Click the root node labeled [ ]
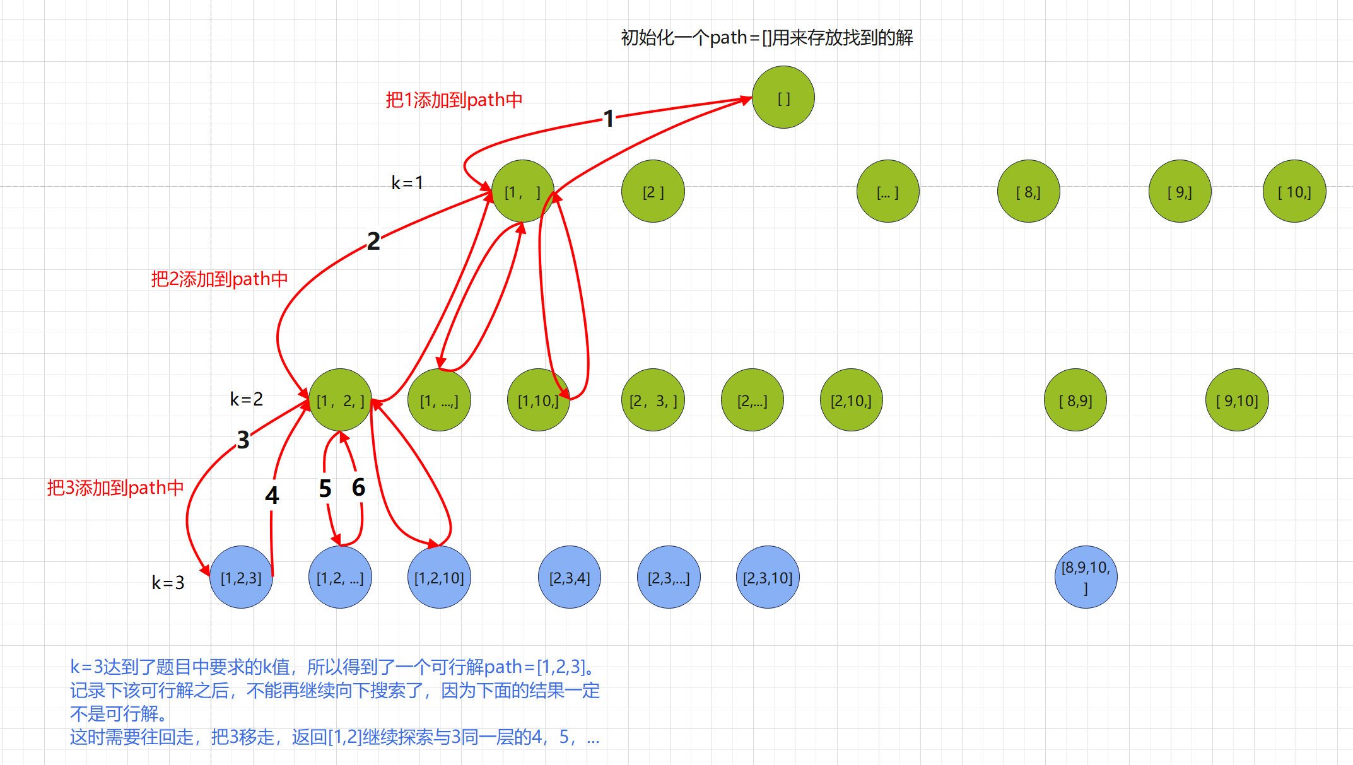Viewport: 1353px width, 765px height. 783,98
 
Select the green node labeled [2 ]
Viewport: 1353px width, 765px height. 653,192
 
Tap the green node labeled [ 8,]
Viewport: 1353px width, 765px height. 1028,192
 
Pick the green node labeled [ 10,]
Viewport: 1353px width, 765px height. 1294,192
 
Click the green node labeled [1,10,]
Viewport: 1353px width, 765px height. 538,400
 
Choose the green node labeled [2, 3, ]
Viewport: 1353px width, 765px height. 653,400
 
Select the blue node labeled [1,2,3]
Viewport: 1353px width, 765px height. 241,578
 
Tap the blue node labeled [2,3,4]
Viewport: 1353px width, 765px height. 570,578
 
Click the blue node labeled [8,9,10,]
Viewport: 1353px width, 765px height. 1086,578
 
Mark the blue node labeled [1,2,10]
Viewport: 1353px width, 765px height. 439,578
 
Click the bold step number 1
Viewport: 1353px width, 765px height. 608,119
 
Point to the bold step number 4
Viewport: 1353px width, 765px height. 272,496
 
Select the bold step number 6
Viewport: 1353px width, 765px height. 358,488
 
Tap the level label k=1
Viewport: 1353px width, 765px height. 407,183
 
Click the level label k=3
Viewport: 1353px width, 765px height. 168,582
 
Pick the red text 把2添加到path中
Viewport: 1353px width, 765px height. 220,279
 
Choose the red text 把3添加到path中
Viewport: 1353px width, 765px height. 115,488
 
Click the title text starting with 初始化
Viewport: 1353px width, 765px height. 767,38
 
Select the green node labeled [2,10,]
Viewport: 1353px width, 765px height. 851,400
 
